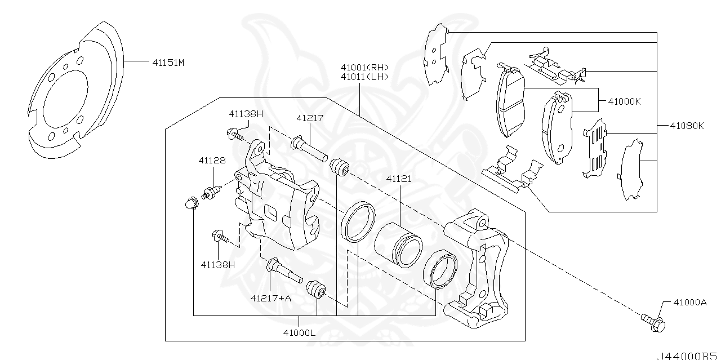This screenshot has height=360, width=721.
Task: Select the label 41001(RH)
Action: pos(364,67)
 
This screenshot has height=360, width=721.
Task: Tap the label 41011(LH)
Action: pos(364,77)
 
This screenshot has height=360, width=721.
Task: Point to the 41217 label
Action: pos(310,118)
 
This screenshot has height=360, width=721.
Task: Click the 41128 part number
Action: pos(212,161)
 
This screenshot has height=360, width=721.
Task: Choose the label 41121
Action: pos(399,179)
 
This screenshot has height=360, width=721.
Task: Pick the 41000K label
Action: pos(624,102)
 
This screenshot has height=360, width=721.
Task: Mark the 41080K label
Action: pos(687,126)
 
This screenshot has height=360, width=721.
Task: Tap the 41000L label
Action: pos(299,332)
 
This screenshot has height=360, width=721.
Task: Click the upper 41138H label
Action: pos(246,113)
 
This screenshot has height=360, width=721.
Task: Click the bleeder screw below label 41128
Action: pos(211,193)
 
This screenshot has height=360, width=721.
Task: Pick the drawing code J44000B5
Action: pos(687,356)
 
